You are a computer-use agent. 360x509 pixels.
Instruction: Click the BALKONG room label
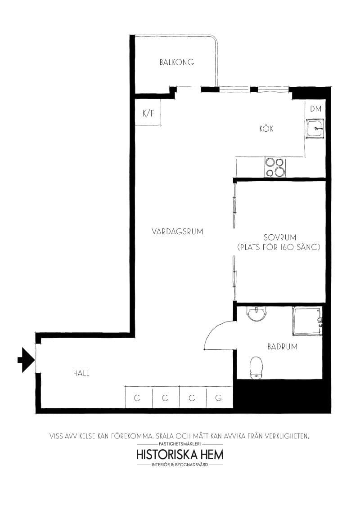pos(177,63)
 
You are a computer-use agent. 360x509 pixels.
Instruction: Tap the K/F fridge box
pos(148,113)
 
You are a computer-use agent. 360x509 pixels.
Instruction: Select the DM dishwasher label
pos(315,109)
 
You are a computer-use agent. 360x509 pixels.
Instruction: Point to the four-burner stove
pos(275,167)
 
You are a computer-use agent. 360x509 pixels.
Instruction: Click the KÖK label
pos(266,129)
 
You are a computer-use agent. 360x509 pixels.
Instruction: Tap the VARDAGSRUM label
pos(177,232)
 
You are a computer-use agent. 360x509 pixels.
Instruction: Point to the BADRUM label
pos(282,347)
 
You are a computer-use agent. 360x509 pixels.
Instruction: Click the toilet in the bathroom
pos(256,367)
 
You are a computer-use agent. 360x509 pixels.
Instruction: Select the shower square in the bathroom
pos(307,321)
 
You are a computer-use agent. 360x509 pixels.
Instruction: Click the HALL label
pos(81,373)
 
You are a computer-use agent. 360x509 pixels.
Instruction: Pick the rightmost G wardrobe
pos(219,397)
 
